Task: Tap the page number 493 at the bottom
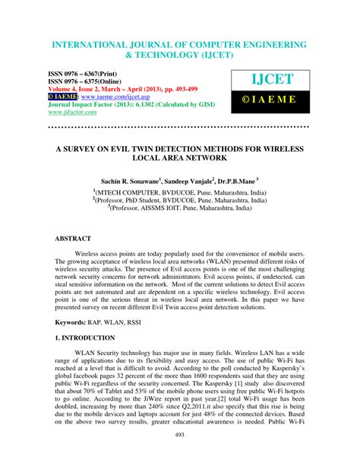[180, 455]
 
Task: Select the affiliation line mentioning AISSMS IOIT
[179, 207]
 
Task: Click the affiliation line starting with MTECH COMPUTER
[179, 193]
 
